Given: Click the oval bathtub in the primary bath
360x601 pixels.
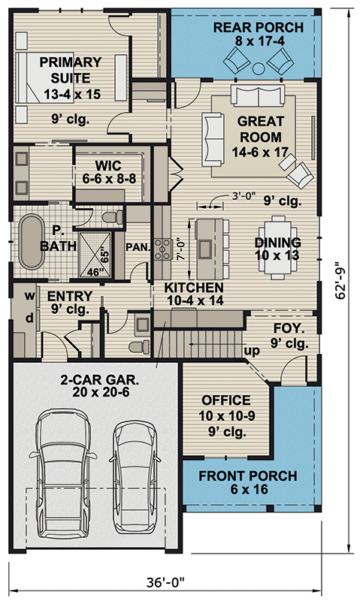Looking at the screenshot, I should point(32,243).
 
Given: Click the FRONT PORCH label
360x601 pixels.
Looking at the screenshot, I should point(247,483).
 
